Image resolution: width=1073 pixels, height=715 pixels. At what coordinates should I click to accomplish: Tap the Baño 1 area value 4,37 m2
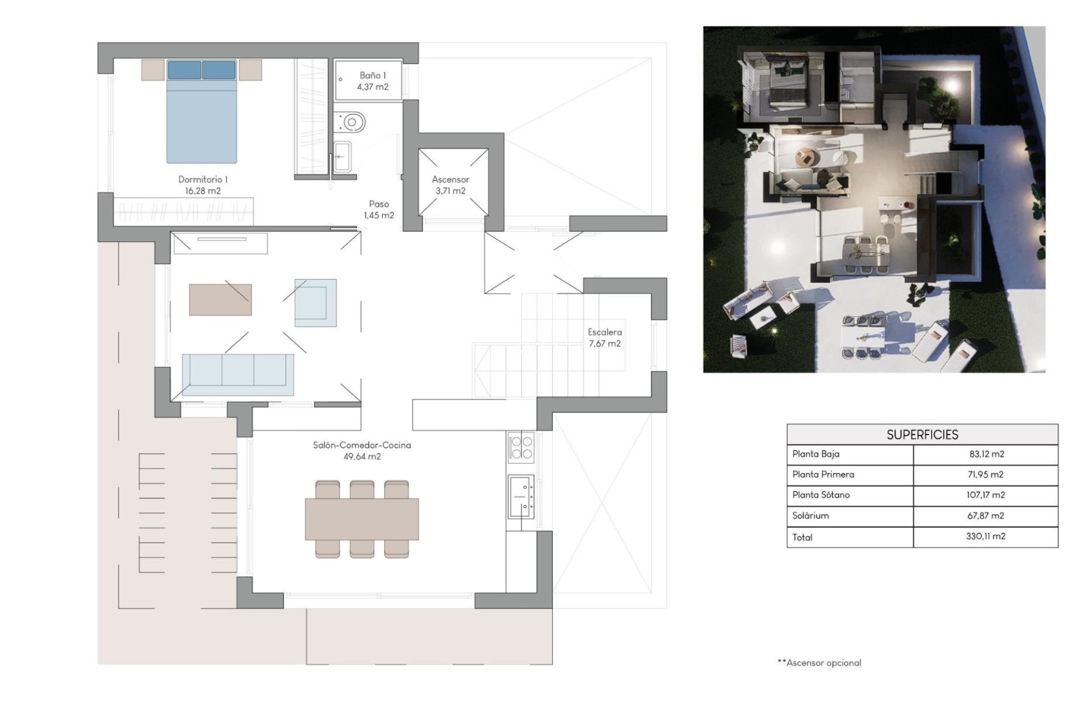[373, 87]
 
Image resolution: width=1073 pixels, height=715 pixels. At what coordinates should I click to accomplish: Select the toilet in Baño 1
[351, 121]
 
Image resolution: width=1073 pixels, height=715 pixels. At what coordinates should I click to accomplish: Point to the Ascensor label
[450, 180]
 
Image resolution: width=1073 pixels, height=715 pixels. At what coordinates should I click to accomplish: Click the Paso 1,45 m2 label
[379, 210]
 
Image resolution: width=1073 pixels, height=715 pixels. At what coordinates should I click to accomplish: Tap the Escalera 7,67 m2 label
[605, 338]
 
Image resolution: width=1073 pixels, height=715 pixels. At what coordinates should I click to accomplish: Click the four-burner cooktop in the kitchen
[521, 447]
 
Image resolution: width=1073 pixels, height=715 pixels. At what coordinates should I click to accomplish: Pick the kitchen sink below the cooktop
[521, 496]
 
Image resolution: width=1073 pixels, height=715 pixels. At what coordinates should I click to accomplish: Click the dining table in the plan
[362, 519]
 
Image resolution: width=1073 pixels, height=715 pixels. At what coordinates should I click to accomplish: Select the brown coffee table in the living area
[220, 300]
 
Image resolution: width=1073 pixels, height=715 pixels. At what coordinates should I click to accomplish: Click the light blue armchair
[316, 303]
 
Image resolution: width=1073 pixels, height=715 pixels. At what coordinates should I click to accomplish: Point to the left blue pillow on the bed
[184, 70]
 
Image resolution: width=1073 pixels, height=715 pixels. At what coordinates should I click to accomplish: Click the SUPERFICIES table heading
[922, 435]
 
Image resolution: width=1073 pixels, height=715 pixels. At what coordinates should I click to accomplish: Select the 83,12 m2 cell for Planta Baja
[986, 454]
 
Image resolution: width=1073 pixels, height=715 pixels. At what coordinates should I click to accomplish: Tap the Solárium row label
[810, 516]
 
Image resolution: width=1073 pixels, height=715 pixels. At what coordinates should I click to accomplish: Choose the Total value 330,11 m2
[986, 536]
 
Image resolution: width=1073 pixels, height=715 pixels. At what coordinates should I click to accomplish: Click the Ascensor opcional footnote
[819, 663]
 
